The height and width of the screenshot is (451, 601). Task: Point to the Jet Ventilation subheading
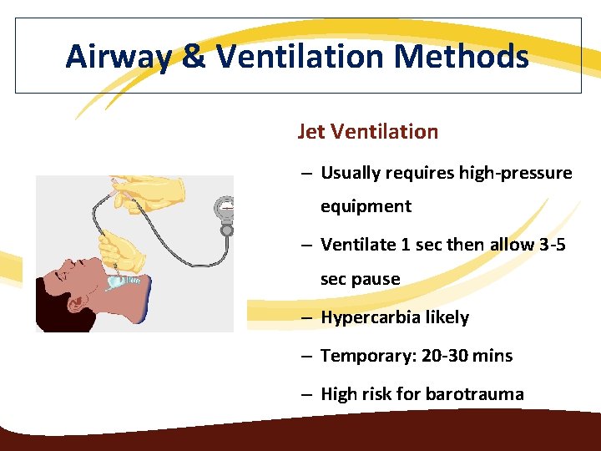pyautogui.click(x=367, y=131)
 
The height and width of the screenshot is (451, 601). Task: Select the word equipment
pyautogui.click(x=366, y=206)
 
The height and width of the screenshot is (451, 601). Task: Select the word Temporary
pyautogui.click(x=364, y=356)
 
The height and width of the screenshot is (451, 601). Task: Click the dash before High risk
pyautogui.click(x=307, y=394)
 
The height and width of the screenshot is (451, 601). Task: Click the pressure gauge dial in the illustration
pyautogui.click(x=225, y=206)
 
